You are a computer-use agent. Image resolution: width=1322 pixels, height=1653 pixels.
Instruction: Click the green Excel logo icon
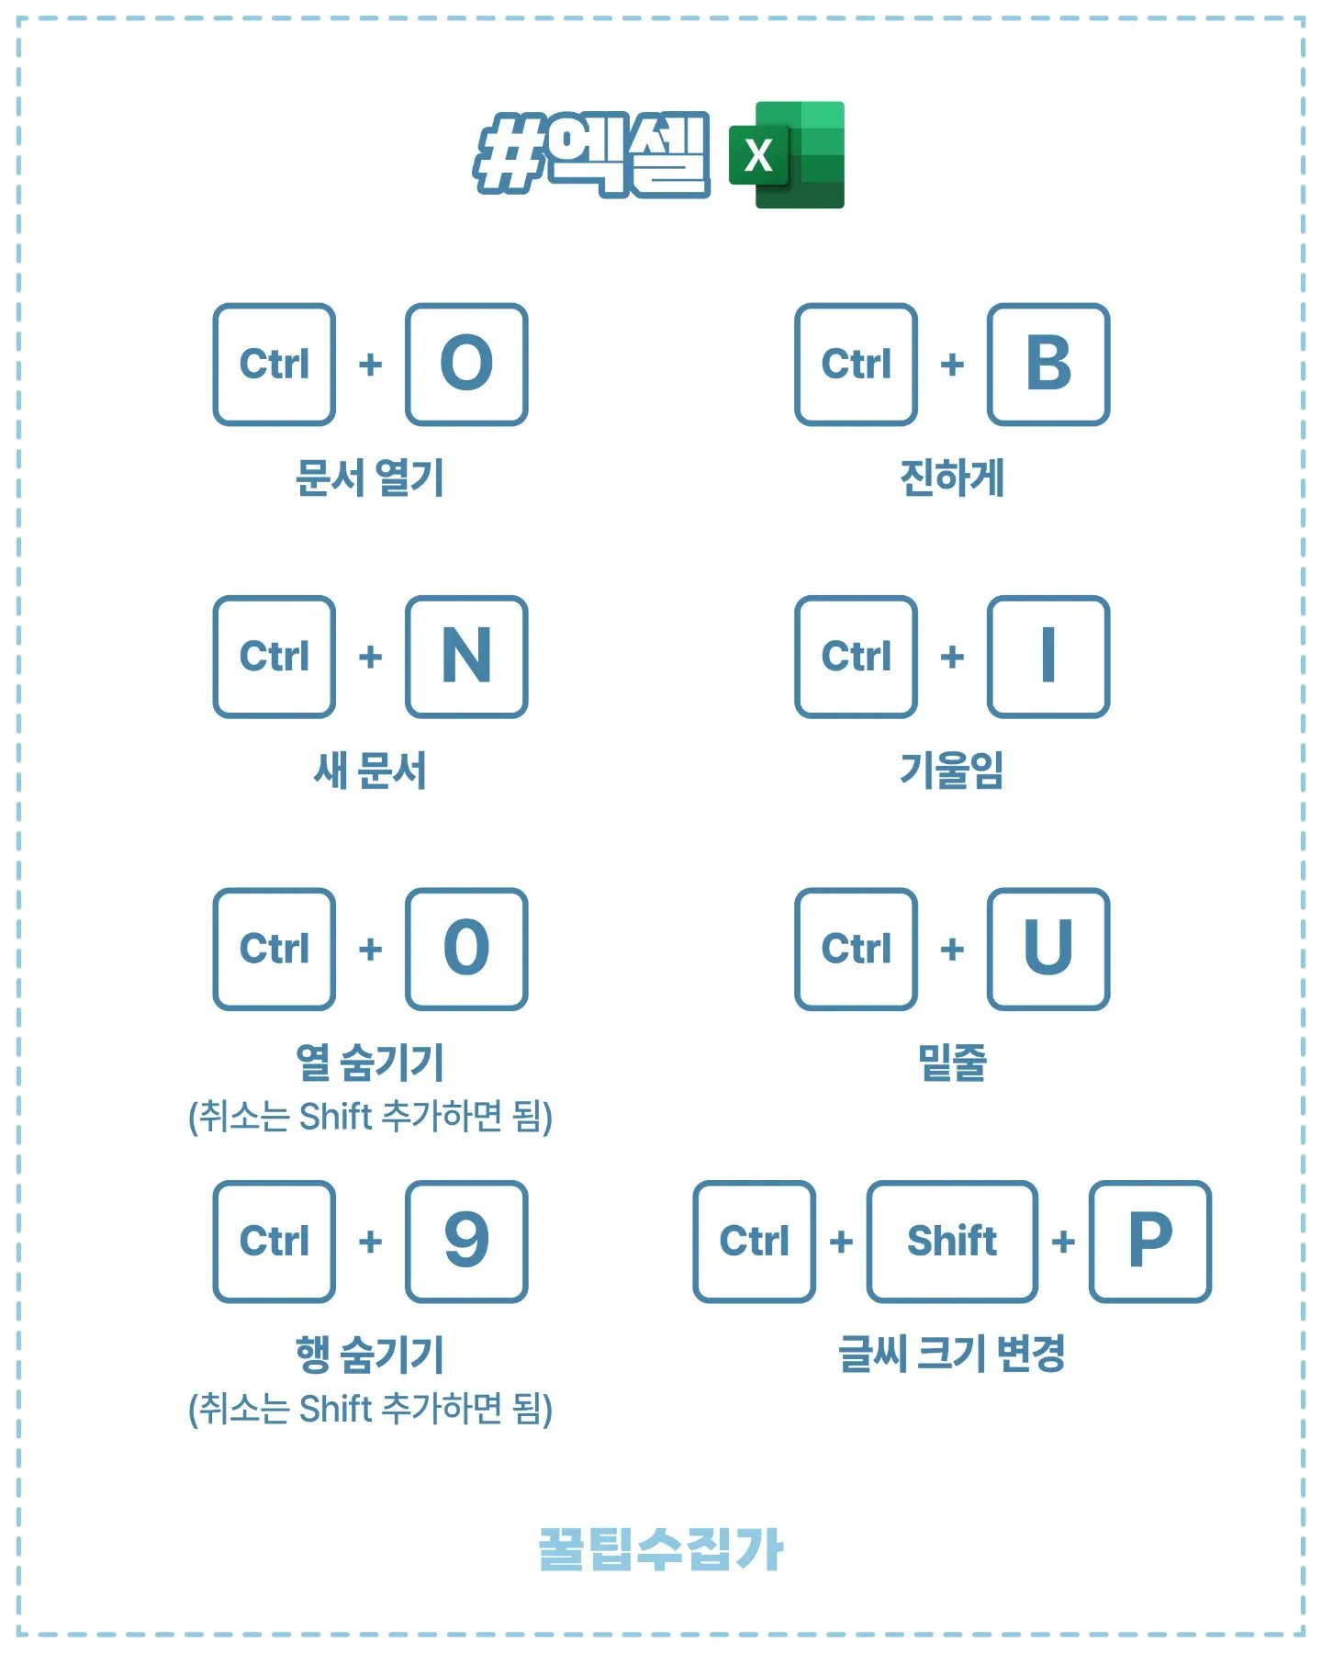[787, 155]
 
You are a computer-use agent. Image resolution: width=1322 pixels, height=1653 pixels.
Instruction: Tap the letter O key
[466, 365]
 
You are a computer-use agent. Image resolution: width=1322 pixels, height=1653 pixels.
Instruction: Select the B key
[1048, 365]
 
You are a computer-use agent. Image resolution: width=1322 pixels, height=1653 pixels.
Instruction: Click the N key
[466, 657]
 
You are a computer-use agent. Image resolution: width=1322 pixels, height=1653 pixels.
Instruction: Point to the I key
[1048, 657]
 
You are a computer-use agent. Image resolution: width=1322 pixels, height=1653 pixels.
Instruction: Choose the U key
[1048, 949]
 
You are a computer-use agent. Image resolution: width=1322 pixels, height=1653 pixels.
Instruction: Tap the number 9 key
[466, 1241]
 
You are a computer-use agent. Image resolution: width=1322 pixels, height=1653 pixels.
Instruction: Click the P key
[1150, 1241]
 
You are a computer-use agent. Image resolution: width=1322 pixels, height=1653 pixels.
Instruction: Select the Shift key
[952, 1241]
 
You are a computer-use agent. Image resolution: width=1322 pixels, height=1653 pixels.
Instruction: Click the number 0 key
[466, 949]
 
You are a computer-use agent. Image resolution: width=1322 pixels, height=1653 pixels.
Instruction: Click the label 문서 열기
[369, 478]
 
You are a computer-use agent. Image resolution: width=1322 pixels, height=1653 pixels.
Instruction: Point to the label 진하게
[952, 478]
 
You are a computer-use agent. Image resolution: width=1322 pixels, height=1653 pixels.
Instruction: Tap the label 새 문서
[369, 770]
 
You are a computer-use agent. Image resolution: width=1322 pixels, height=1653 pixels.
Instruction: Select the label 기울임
[952, 770]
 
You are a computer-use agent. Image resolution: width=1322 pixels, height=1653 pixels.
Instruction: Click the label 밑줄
[952, 1063]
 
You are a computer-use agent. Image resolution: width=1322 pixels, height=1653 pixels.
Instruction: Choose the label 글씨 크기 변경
[952, 1355]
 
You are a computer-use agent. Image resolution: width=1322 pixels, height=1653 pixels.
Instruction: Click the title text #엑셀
[592, 153]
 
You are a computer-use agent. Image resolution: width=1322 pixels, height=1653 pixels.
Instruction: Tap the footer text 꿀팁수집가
[660, 1549]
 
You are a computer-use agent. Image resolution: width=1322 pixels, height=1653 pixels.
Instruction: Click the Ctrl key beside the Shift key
[754, 1241]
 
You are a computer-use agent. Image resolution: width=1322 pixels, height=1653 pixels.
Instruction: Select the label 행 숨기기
[369, 1355]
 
